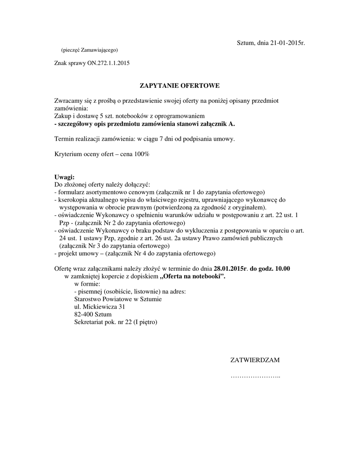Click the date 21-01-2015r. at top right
(x=287, y=43)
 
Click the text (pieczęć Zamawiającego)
(x=90, y=50)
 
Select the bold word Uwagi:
(x=64, y=177)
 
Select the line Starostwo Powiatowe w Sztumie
(x=117, y=299)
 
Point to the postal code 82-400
(x=83, y=314)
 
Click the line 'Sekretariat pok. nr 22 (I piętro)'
(x=115, y=322)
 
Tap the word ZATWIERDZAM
(x=255, y=360)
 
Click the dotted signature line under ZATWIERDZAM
(x=255, y=377)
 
